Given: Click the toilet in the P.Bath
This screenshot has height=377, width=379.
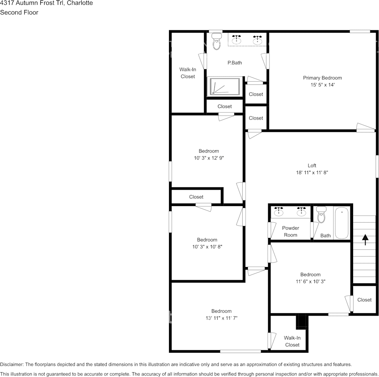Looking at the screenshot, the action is pos(216,41).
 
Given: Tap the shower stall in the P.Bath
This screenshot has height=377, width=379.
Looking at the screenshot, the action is pos(225,86).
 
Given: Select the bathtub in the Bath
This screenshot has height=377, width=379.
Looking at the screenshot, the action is pos(342,223).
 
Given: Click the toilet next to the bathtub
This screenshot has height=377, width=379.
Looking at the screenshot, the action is pos(321,214).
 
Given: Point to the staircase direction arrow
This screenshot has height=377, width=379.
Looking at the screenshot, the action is pos(365,240).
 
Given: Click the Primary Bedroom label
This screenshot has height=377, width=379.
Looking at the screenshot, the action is pos(322,78).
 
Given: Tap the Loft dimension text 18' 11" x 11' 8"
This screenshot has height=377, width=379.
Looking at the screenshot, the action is pos(312,173).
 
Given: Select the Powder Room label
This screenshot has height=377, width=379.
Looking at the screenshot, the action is pos(291,232).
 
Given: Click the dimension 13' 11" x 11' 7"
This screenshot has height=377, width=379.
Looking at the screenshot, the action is pos(222,318).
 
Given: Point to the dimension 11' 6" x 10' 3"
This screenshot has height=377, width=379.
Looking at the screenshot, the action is pos(310,281).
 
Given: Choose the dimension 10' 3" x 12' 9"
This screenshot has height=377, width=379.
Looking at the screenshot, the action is pos(209,158).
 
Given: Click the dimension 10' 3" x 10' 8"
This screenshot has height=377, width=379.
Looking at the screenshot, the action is pos(207,247).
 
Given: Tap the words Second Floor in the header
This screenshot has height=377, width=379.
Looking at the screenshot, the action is pos(19,12).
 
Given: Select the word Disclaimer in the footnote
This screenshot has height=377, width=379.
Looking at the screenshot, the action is pos(12,364).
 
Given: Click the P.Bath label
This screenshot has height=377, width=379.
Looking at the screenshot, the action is pos(235,63).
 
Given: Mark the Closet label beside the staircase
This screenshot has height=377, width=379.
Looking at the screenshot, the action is pos(364,300).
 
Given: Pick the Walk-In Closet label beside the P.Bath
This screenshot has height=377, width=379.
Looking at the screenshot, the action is pos(188,73).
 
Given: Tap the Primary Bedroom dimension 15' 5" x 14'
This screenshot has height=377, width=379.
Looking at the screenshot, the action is pos(322,85).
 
